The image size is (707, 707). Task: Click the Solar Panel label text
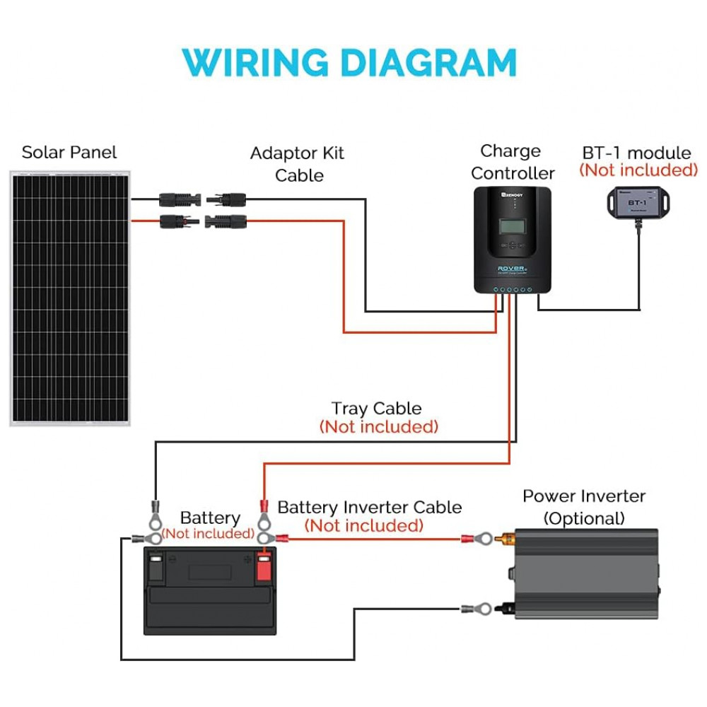(x=69, y=153)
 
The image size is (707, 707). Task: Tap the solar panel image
(x=69, y=297)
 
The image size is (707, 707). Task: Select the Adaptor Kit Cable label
(x=298, y=164)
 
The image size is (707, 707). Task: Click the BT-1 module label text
(x=636, y=153)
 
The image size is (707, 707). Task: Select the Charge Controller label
(x=513, y=162)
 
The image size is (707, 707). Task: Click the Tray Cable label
(x=377, y=409)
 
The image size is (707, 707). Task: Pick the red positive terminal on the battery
(x=264, y=568)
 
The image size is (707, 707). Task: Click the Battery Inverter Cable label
(x=370, y=508)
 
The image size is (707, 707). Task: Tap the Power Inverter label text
(x=584, y=496)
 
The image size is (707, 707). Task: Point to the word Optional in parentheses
(x=584, y=518)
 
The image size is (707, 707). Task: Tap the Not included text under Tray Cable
(x=379, y=427)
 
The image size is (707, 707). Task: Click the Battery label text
(x=210, y=518)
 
